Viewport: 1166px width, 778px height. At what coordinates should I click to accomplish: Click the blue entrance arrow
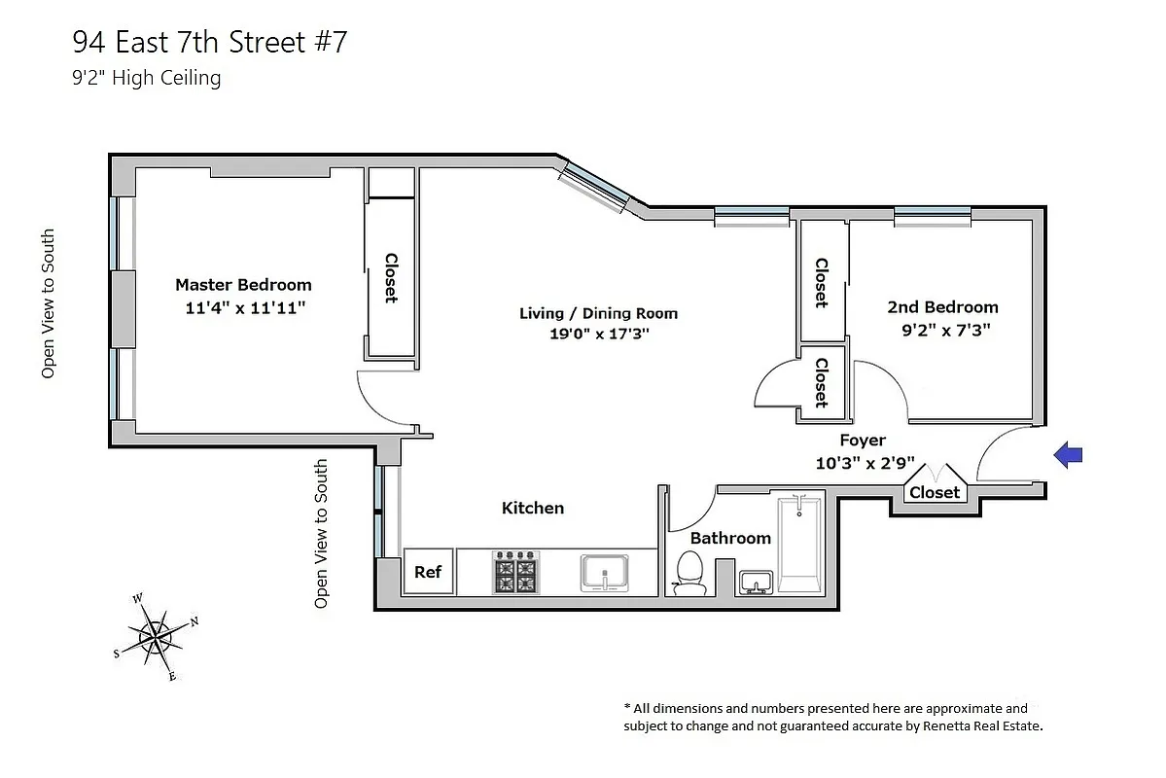1069,454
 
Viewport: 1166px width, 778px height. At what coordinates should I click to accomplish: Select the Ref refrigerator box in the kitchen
428,572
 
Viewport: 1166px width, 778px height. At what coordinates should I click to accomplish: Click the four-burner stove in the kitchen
514,572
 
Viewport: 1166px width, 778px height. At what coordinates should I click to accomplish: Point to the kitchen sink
606,572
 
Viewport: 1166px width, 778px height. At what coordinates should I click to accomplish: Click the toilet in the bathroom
689,573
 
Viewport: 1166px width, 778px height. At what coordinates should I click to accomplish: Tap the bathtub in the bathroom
799,545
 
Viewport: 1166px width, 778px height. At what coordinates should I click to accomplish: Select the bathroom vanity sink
755,582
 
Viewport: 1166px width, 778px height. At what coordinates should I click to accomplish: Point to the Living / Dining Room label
598,313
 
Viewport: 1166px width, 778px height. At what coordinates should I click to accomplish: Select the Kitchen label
532,508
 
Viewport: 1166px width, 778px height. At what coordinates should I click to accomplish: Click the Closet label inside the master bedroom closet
391,279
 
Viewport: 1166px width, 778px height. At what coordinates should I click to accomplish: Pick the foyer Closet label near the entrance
935,492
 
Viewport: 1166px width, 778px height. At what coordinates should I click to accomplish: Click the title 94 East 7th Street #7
209,42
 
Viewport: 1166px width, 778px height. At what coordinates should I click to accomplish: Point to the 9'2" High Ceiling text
147,78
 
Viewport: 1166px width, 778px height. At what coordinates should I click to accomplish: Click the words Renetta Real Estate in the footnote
986,725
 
